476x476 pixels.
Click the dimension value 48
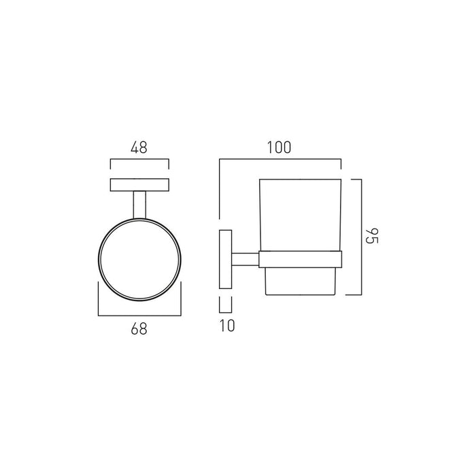click(x=139, y=148)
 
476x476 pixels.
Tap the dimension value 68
click(x=139, y=328)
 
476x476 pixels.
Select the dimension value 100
click(x=279, y=148)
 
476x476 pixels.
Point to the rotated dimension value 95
click(x=371, y=235)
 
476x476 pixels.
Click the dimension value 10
click(x=227, y=326)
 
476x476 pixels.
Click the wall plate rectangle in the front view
click(x=139, y=185)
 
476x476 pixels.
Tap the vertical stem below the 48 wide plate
click(x=139, y=205)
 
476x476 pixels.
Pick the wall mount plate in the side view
click(x=226, y=259)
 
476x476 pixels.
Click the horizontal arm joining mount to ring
click(x=245, y=259)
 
